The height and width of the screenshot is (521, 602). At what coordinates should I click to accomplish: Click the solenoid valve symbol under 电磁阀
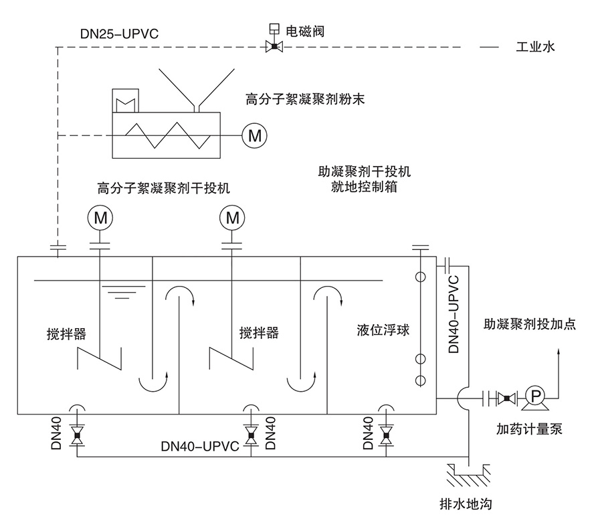coord(273,46)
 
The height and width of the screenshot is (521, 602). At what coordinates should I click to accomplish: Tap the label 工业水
coord(536,48)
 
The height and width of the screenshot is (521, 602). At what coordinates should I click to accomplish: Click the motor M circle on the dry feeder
coord(254,135)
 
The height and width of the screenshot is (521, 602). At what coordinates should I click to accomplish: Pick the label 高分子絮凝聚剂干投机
coord(163,188)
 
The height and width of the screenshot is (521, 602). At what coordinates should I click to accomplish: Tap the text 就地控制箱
coord(365,187)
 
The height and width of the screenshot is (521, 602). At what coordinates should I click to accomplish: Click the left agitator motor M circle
coord(100,218)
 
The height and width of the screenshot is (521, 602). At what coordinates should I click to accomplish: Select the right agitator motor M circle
coord(233,218)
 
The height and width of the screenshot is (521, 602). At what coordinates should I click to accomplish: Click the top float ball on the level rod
coord(420,277)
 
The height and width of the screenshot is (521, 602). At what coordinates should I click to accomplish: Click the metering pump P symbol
coord(535,396)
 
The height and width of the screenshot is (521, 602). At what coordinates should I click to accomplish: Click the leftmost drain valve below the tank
coord(77,436)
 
